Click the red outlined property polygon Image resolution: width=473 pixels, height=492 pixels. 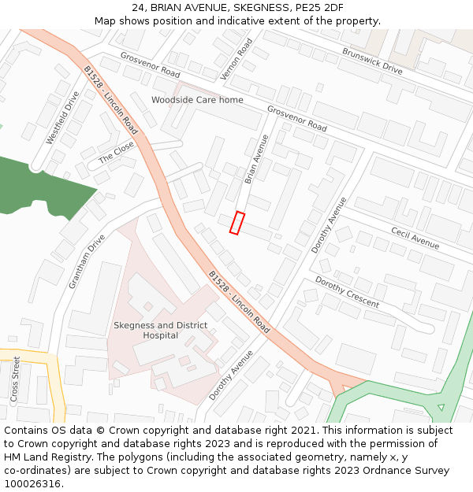click(237, 223)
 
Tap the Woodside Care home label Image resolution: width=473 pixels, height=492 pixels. click(197, 100)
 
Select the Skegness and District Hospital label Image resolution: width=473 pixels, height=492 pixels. click(160, 331)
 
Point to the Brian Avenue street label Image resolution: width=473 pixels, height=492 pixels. click(257, 159)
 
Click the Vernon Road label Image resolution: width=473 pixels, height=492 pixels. click(236, 58)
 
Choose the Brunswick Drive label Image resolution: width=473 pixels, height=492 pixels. click(371, 61)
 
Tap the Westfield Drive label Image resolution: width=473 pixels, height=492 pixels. click(62, 118)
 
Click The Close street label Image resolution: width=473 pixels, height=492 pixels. click(116, 153)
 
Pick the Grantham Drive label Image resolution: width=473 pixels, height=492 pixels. click(86, 261)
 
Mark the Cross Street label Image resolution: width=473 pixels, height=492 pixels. click(16, 379)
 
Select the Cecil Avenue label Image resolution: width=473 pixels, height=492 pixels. click(415, 237)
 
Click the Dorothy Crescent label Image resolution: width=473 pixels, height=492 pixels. click(347, 292)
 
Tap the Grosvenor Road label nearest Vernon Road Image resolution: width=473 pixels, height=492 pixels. click(150, 65)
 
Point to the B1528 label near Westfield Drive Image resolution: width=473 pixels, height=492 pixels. click(110, 100)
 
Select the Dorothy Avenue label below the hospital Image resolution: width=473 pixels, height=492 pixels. click(232, 375)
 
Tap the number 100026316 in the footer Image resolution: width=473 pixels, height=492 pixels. click(32, 483)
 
